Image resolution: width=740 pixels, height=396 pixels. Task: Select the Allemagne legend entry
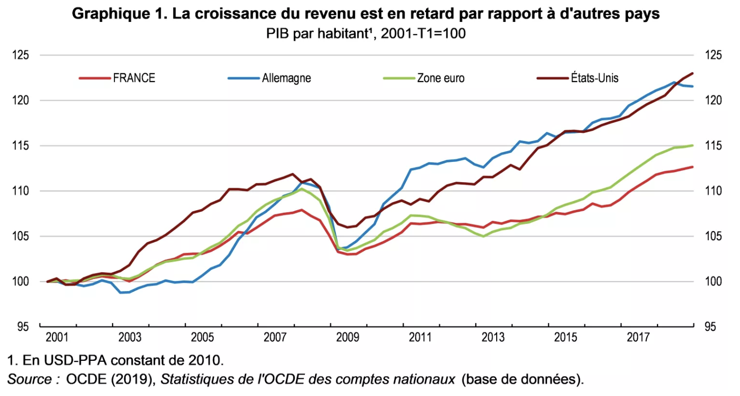(286, 78)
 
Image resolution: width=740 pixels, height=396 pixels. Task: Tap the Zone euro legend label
(440, 78)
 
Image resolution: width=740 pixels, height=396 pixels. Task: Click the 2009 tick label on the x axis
(348, 338)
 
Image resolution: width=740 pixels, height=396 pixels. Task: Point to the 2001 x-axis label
(56, 338)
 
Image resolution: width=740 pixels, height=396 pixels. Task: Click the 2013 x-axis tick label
(493, 338)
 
